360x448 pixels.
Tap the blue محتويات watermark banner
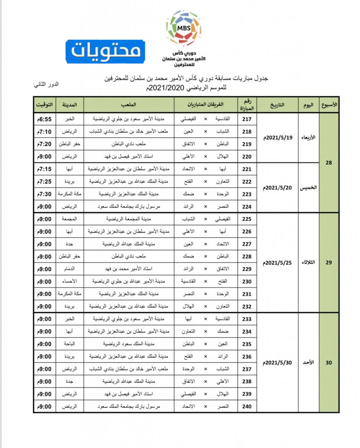tap(106, 51)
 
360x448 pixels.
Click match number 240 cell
tap(247, 406)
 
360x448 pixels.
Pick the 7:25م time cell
tap(44, 181)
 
